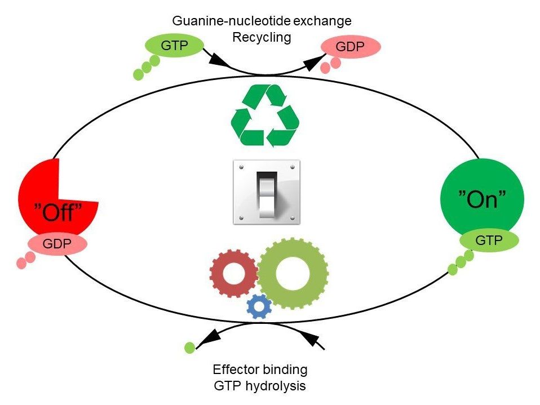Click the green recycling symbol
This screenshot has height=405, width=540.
265,116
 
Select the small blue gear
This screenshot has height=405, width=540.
259,305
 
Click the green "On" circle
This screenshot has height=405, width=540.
482,197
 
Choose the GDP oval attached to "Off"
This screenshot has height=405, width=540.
57,244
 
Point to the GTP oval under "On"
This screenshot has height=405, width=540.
489,241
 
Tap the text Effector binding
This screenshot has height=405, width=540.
260,370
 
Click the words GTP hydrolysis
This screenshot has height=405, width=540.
260,386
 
